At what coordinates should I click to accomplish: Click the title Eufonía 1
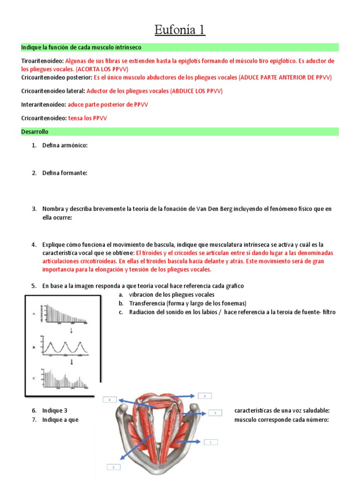180,30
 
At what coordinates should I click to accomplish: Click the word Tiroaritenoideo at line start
42,61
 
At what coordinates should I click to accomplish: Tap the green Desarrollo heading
35,132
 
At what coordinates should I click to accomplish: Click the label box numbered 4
110,400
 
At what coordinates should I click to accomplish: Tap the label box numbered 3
204,396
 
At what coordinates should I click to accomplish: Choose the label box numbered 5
215,413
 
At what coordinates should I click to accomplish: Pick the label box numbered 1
210,442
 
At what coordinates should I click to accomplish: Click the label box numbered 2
113,467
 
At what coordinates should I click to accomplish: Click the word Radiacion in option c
142,312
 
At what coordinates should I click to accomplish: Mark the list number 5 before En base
34,285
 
